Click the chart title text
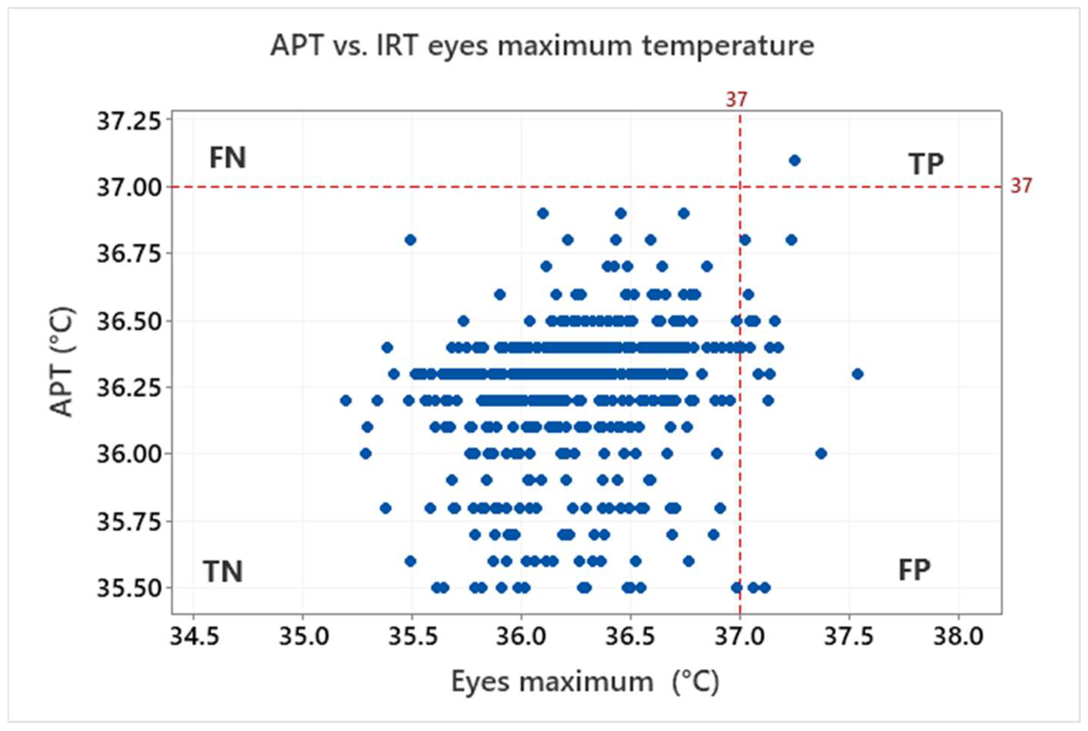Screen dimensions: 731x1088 [x=542, y=46]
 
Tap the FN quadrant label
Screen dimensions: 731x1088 [x=227, y=158]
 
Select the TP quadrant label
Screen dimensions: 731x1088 [x=926, y=164]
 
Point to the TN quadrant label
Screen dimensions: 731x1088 [x=222, y=572]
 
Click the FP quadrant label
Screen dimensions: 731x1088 [x=914, y=570]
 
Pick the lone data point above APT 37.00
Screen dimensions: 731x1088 [x=795, y=161]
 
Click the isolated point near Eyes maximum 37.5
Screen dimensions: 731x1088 [x=857, y=374]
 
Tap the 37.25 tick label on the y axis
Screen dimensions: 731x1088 [x=129, y=122]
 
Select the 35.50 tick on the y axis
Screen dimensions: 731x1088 [x=129, y=588]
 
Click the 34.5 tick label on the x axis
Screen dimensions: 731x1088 [x=194, y=637]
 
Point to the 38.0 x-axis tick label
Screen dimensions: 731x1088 [x=958, y=637]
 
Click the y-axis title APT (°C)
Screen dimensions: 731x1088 [x=62, y=361]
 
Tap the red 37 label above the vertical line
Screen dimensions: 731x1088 [x=736, y=99]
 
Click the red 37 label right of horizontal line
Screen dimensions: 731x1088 [x=1021, y=186]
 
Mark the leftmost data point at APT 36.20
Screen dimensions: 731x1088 [x=346, y=401]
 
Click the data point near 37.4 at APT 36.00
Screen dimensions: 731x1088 [x=821, y=453]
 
